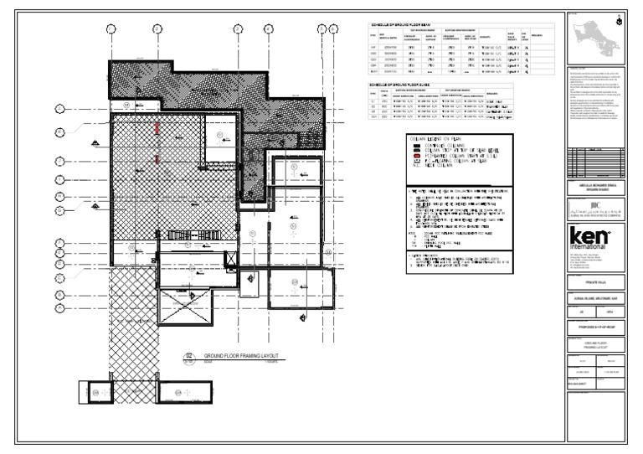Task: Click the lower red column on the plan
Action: point(156,158)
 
